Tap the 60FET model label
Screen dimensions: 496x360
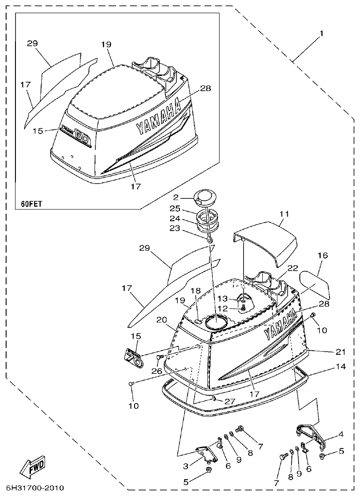(31, 204)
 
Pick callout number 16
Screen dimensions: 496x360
(322, 256)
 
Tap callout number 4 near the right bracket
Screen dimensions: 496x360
(341, 435)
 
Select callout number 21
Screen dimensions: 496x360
(340, 352)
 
